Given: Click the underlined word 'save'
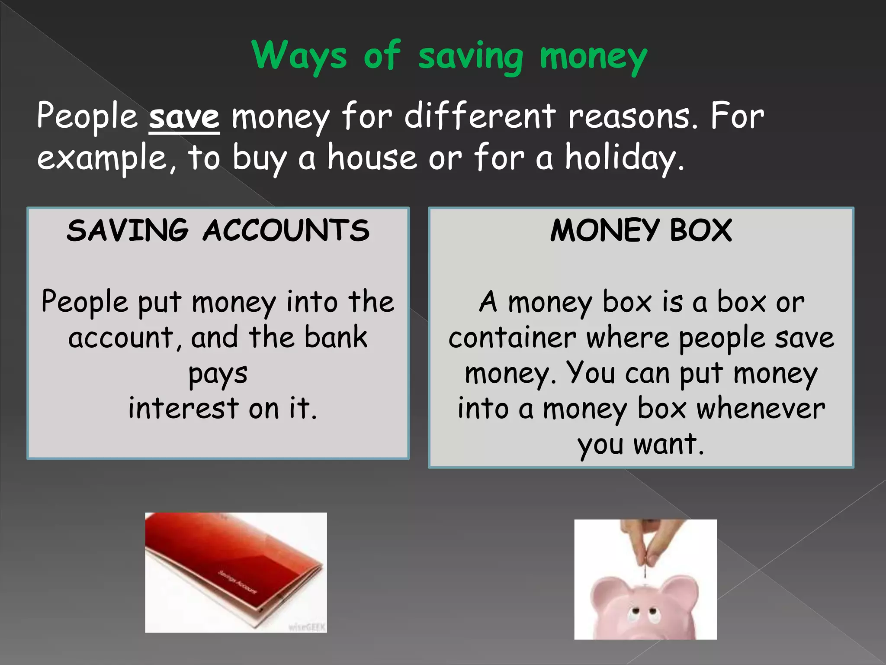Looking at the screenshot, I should pyautogui.click(x=184, y=117).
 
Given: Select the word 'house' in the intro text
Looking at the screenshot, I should pyautogui.click(x=372, y=158).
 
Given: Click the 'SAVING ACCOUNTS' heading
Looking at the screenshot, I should pyautogui.click(x=218, y=230).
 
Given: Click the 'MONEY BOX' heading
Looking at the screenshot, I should pyautogui.click(x=641, y=230).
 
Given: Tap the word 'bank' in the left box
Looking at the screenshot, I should pyautogui.click(x=336, y=338).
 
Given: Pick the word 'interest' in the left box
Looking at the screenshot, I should pyautogui.click(x=183, y=408).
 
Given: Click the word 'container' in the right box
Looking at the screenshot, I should pyautogui.click(x=512, y=338).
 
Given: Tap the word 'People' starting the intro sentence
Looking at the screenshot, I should pyautogui.click(x=87, y=117).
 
